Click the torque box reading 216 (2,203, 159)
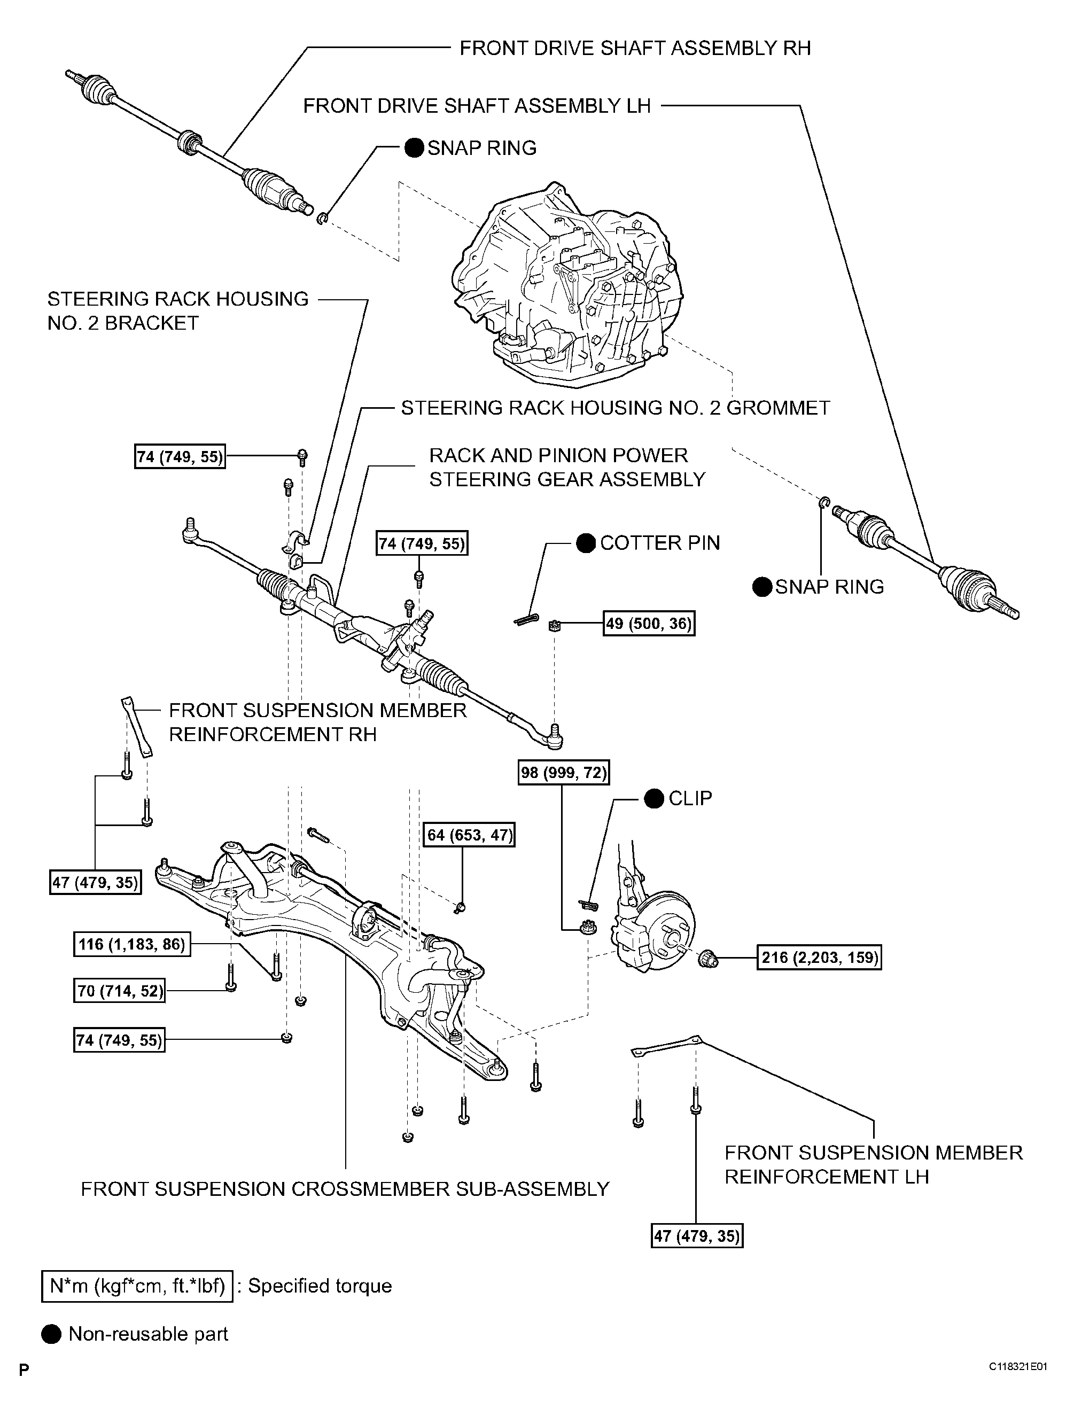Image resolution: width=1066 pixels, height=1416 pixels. tap(819, 958)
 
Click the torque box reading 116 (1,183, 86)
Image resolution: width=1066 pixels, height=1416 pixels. tap(131, 944)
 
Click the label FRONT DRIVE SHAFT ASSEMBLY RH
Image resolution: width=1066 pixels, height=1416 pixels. tap(634, 48)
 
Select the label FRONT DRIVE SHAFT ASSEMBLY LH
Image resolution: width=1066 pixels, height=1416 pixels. tap(476, 106)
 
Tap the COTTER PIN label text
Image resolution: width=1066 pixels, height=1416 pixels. tap(659, 543)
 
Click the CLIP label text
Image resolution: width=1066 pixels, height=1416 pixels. tap(690, 798)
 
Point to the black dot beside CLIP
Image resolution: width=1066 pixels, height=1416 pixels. tap(653, 799)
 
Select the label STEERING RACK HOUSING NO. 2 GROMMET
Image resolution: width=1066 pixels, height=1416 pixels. tap(614, 408)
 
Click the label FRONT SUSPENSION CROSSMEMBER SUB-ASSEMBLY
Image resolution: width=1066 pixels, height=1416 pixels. tap(345, 1189)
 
